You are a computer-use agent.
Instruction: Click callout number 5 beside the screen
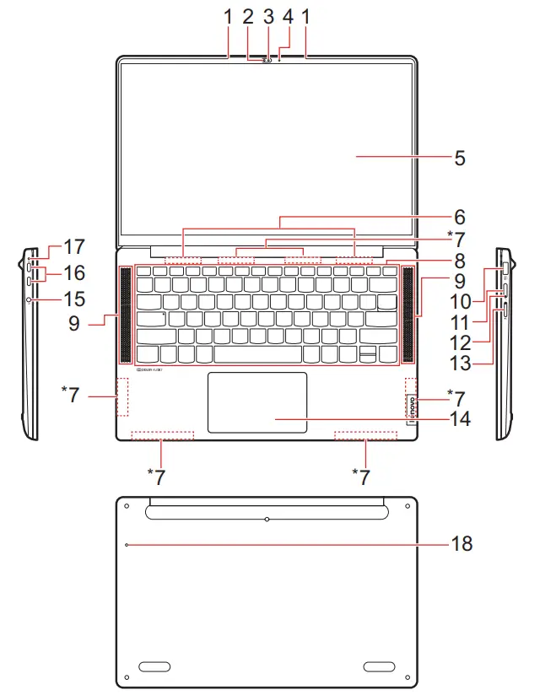pos(460,158)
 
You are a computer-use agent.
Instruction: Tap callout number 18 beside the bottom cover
pos(462,544)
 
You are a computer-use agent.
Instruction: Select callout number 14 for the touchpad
pos(461,418)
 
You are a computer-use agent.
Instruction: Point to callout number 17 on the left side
pos(74,247)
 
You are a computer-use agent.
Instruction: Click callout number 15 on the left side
pos(74,299)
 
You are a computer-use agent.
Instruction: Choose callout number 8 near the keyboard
pos(461,261)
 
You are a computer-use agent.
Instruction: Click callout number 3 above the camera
pos(268,16)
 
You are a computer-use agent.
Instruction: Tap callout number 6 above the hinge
pos(461,217)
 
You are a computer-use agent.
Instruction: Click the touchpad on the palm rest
pos(257,402)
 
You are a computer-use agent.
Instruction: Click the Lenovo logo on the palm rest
pos(411,411)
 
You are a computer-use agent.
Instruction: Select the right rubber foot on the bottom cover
pos(381,667)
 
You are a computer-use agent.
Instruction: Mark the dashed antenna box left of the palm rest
pos(121,396)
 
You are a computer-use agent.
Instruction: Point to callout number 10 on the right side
pos(483,299)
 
